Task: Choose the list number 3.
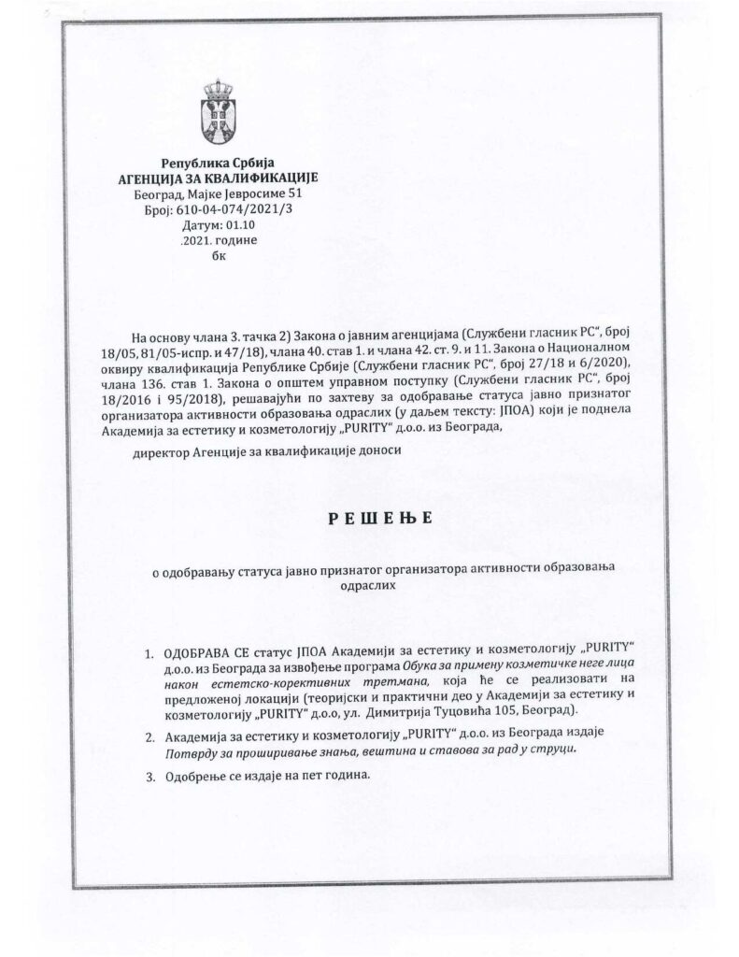point(148,776)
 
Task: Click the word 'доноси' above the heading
point(371,451)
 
